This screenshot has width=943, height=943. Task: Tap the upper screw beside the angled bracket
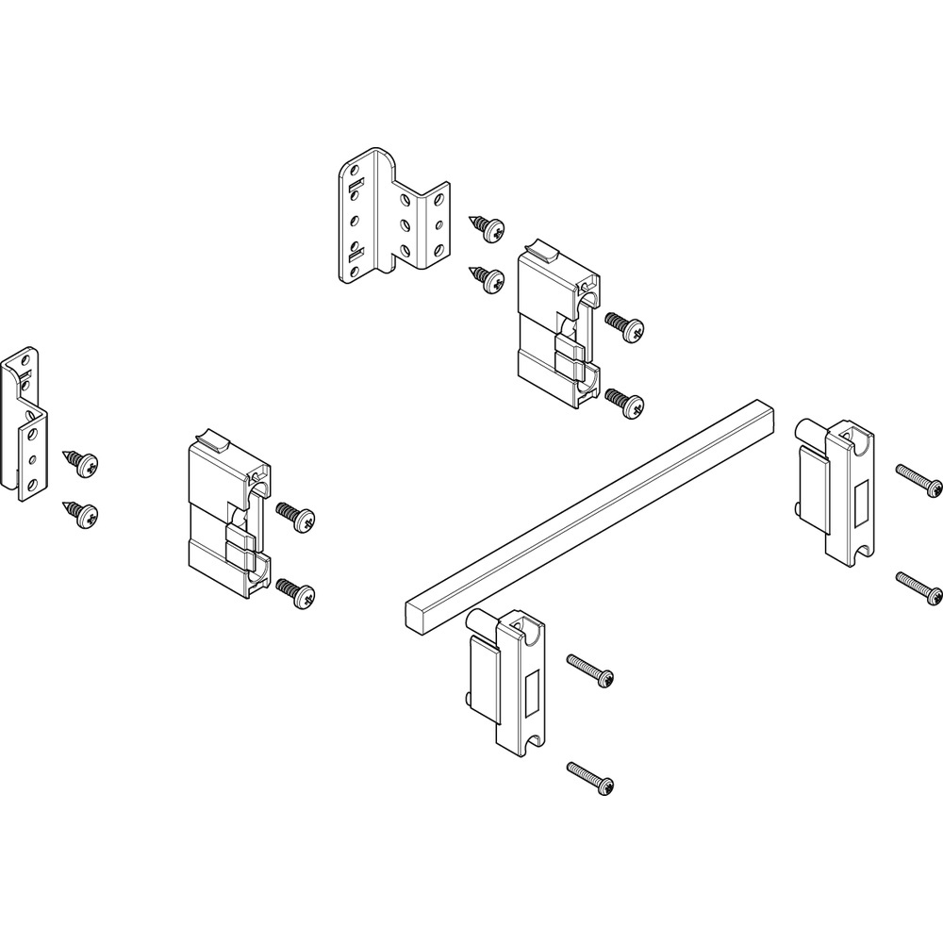(488, 225)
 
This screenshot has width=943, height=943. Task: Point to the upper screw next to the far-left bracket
(82, 462)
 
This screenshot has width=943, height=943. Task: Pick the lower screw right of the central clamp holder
(626, 404)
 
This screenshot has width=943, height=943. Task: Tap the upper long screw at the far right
(919, 480)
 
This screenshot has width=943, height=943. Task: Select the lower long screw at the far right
(919, 587)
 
